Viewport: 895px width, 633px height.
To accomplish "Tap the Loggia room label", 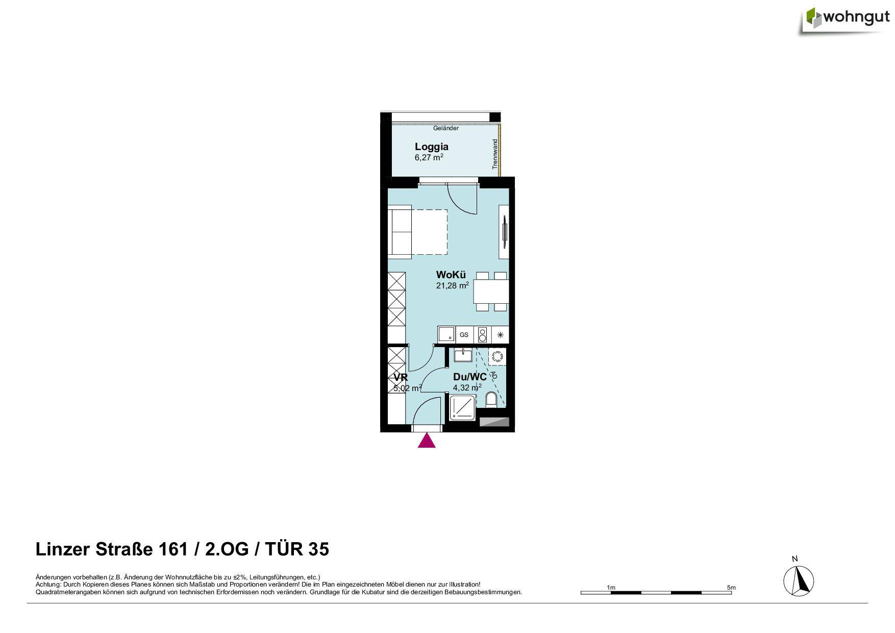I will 431,147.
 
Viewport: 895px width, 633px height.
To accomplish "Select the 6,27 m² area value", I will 429,158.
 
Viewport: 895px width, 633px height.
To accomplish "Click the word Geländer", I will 445,128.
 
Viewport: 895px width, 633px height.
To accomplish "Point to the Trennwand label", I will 494,154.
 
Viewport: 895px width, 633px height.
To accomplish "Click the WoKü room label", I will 451,275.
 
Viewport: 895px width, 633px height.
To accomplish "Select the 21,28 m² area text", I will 452,286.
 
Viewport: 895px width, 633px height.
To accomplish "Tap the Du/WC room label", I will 469,377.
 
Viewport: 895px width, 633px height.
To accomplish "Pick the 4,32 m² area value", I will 467,387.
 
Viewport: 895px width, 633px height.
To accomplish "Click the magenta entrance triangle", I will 427,441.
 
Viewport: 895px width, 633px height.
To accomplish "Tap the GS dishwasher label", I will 464,335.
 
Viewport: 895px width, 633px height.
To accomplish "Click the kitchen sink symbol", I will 446,335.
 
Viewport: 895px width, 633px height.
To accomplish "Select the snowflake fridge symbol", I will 500,335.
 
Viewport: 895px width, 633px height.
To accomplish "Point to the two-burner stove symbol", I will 482,335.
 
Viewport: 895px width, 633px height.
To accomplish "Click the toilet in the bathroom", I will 491,400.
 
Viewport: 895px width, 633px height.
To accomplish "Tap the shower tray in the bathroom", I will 462,408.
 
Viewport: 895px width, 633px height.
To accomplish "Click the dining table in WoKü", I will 491,292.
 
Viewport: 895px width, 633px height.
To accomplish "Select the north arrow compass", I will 799,580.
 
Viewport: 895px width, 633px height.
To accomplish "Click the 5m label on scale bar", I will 731,588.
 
